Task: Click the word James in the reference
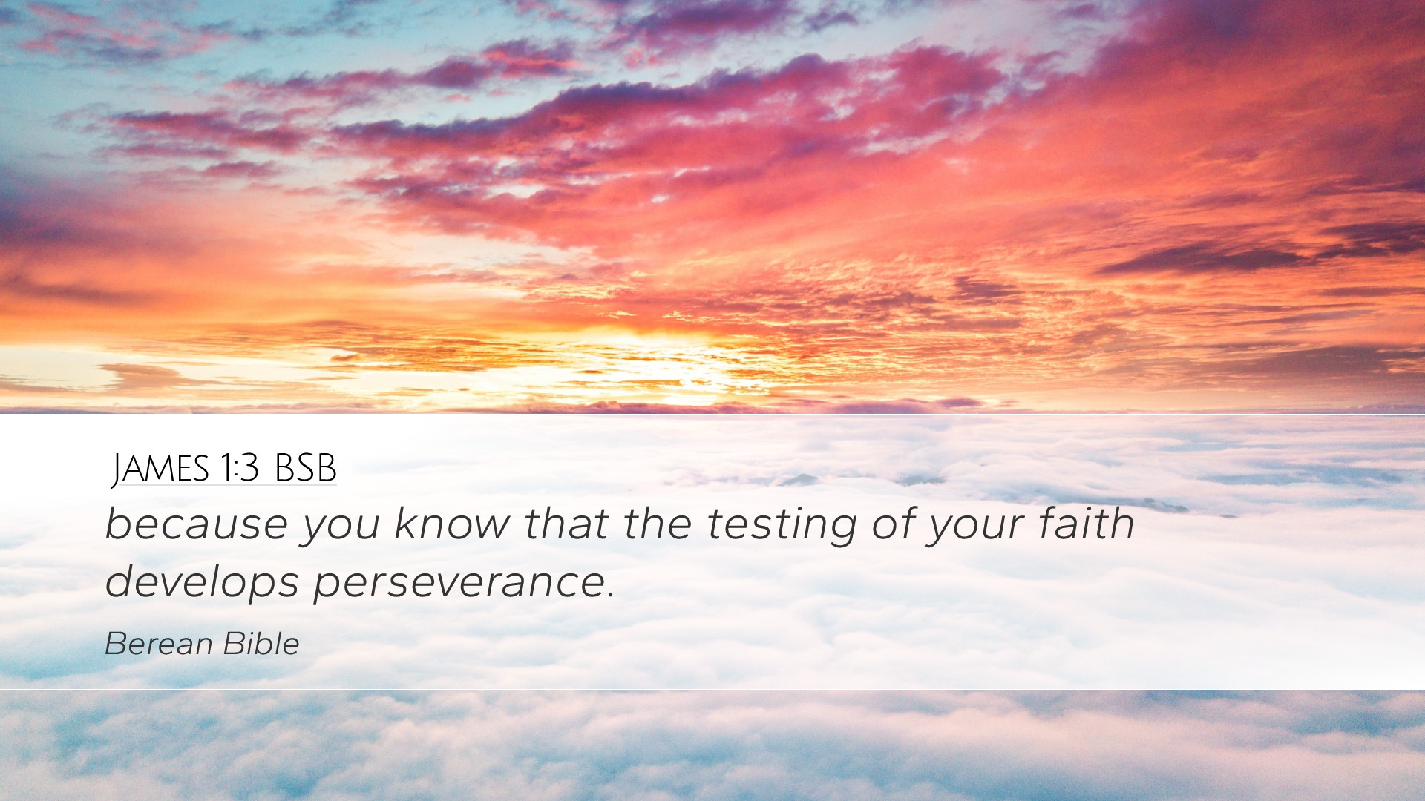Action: (160, 469)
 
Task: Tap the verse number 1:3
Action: (239, 468)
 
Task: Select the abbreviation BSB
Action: (306, 468)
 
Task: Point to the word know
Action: (452, 524)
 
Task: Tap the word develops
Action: (202, 583)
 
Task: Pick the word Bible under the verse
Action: (261, 644)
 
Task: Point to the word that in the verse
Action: (566, 524)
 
